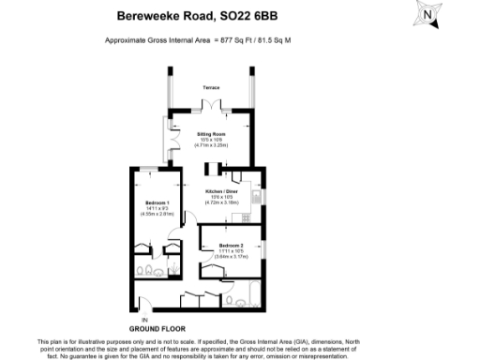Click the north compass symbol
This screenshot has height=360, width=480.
pos(429,15)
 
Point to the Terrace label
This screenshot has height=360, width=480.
pos(211,87)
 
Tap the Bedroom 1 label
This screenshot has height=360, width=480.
pos(156,203)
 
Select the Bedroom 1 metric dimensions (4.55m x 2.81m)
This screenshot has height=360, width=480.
pos(156,215)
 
